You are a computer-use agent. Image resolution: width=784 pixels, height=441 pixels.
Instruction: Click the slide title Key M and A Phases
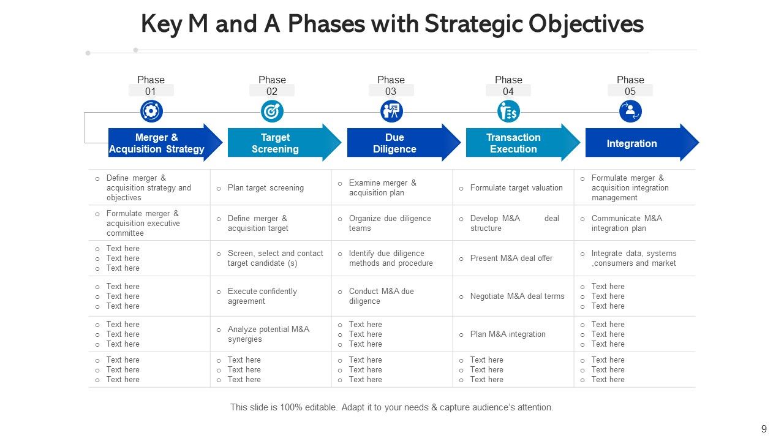coord(392,24)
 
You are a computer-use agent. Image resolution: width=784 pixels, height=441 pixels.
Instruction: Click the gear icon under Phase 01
coord(151,111)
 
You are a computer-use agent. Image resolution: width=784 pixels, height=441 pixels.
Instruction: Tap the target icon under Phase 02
coord(272,111)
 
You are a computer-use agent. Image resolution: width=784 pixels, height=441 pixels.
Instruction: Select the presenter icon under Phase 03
coord(391,111)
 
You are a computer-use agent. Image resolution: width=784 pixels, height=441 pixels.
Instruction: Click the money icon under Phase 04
coord(508,111)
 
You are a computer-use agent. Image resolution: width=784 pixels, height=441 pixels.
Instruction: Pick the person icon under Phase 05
coord(630,111)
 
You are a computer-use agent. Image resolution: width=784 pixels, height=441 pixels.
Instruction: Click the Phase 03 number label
coord(391,91)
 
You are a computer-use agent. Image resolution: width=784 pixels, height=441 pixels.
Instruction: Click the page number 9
coord(764,429)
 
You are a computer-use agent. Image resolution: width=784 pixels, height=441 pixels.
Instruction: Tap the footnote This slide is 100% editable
coord(392,407)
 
